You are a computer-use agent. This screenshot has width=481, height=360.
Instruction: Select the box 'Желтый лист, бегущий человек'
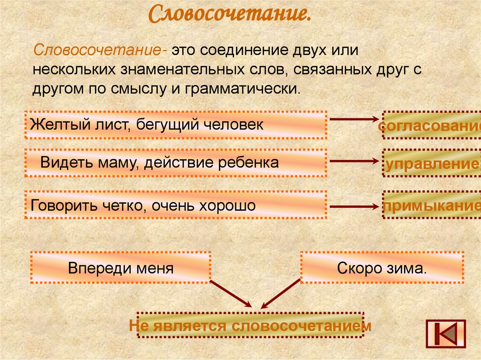176,125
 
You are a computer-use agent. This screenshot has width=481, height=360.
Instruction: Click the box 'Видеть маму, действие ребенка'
176,163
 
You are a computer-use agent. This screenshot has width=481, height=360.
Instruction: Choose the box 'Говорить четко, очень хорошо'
176,205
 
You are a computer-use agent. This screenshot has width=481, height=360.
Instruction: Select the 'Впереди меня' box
121,268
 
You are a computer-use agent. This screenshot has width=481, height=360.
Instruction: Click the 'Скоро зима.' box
382,268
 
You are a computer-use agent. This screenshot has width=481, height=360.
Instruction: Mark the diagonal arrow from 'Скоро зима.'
281,293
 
